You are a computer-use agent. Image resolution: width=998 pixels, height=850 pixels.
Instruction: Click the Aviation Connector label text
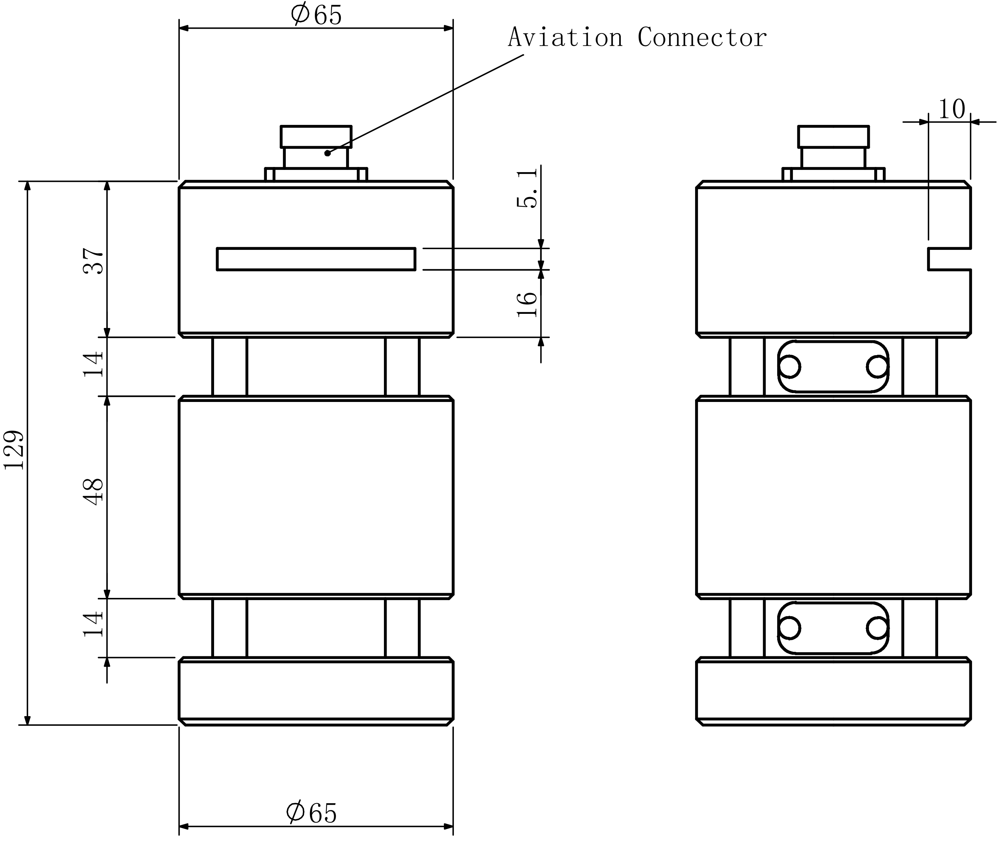click(637, 38)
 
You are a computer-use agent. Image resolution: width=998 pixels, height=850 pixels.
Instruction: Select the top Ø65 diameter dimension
click(316, 15)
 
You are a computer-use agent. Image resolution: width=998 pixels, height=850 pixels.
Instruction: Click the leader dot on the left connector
click(327, 153)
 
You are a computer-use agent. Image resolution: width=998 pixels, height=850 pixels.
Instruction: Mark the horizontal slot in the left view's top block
click(316, 259)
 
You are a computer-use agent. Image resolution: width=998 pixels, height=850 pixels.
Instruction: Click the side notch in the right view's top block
click(949, 259)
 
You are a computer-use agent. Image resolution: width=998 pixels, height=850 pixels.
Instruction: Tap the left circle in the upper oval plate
click(789, 367)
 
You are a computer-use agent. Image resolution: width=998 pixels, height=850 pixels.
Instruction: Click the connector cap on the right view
click(833, 137)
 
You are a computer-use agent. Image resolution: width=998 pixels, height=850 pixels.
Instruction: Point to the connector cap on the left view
click(316, 137)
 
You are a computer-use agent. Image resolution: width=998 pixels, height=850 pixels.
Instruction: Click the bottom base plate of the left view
click(316, 690)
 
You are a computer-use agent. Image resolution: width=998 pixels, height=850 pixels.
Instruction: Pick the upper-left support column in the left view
click(230, 367)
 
